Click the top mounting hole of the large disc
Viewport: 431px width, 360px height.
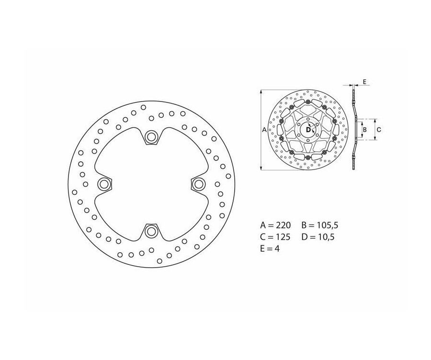coord(151,137)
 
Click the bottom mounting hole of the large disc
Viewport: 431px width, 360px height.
coord(151,232)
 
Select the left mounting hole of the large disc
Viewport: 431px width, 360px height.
coord(103,184)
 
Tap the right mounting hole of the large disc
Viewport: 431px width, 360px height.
coord(198,184)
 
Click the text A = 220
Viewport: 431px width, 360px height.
coord(277,225)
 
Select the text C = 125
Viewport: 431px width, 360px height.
coord(277,236)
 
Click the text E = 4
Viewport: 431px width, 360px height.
coord(270,248)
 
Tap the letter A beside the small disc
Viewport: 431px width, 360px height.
coord(264,129)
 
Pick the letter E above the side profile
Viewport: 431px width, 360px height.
coord(364,82)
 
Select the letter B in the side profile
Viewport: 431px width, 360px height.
coord(364,129)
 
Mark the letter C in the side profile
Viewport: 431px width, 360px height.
coord(378,129)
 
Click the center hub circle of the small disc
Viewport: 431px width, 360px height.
coord(307,129)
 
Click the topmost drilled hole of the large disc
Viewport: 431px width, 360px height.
coord(143,106)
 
